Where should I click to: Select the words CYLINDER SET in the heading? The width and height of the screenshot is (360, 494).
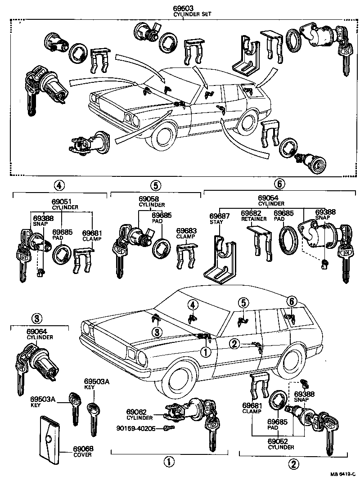tap(192, 14)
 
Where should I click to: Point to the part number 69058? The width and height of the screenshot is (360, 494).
tap(148, 198)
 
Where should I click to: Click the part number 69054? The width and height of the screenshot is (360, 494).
tap(268, 198)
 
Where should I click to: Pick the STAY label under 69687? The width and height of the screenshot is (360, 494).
tap(216, 222)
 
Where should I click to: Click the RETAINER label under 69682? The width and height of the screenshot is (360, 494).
tap(254, 219)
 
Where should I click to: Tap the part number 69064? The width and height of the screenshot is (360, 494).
tap(36, 332)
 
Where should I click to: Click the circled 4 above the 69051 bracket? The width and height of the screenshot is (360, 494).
tap(59, 185)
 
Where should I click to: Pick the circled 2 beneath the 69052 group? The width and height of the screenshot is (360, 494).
tap(293, 463)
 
